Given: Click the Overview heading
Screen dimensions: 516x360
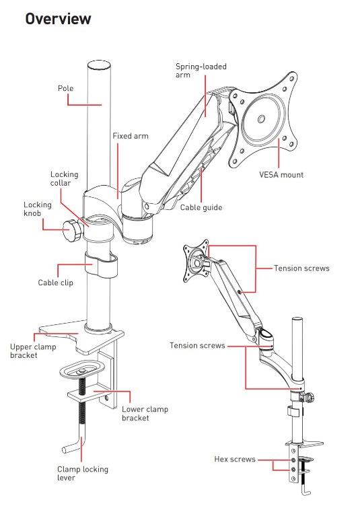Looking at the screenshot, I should click(58, 19).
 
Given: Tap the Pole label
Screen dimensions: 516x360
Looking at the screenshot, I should click(65, 88).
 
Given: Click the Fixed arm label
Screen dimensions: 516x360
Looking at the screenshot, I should click(130, 136).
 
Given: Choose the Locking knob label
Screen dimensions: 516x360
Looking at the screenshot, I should click(37, 209).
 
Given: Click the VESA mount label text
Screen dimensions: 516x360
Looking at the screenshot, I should click(281, 175).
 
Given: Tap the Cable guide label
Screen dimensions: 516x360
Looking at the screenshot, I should click(201, 208).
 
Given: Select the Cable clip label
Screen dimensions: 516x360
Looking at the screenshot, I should click(56, 283).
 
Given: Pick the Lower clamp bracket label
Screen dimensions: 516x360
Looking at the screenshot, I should click(145, 414).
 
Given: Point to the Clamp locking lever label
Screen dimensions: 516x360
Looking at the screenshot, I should click(83, 474).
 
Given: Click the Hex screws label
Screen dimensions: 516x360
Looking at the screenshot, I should click(235, 459).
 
